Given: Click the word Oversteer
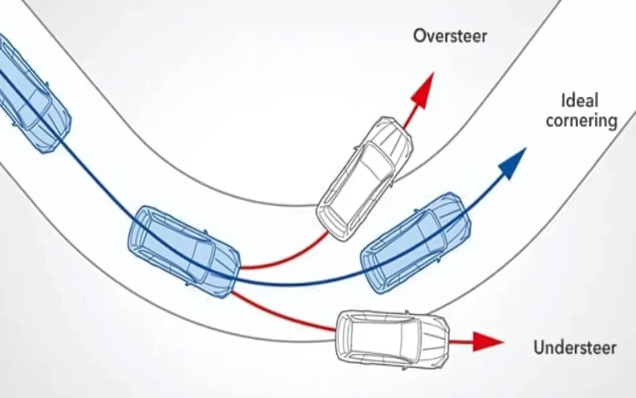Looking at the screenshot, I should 450,35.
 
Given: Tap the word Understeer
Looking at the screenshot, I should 575,346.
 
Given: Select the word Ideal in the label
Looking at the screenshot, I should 579,100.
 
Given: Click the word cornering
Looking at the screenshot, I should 581,120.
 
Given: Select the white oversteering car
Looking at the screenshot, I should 365,177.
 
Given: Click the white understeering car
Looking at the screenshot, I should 392,340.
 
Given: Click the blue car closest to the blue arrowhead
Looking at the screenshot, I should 413,243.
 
